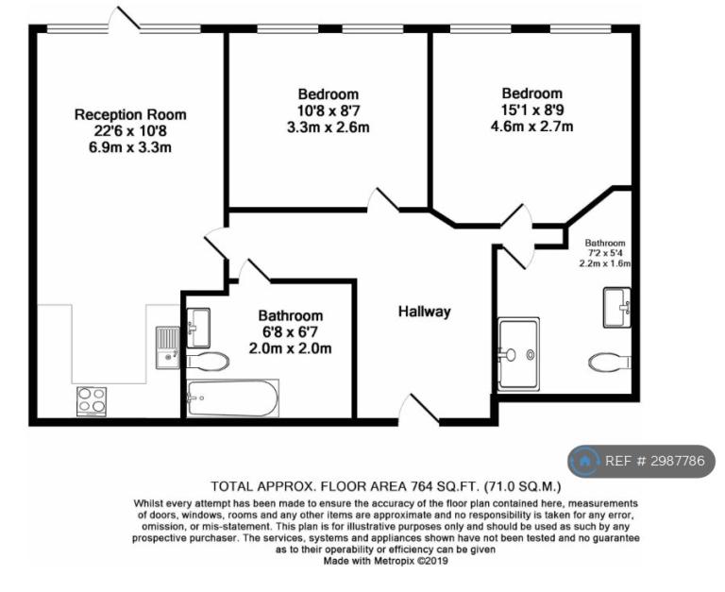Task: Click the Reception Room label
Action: point(130,114)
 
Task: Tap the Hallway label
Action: point(425,312)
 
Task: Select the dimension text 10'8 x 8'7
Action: point(329,110)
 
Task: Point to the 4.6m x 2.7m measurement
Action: point(531,126)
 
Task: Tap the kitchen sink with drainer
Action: point(167,347)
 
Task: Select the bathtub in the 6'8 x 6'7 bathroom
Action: point(232,398)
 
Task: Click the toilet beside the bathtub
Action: point(208,361)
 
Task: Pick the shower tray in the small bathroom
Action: point(518,354)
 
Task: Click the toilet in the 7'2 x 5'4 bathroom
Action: point(610,362)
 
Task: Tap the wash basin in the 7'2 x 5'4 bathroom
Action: point(616,308)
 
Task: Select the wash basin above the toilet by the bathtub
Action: point(198,328)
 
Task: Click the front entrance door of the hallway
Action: point(419,409)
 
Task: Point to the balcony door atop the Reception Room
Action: point(125,19)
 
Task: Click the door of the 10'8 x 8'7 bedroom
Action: point(383,199)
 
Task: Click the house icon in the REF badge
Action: point(585,461)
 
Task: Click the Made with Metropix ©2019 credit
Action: point(385,561)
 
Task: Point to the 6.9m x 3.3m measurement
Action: point(130,147)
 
